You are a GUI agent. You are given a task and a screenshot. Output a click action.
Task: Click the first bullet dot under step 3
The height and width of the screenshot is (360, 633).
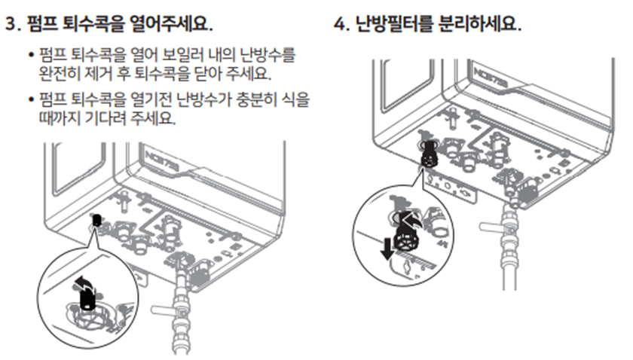(x=30, y=55)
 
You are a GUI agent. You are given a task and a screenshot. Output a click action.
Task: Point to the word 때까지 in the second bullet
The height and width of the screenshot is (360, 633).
(x=60, y=119)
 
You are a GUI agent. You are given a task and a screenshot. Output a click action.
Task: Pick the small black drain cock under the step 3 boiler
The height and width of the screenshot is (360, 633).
(x=96, y=221)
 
